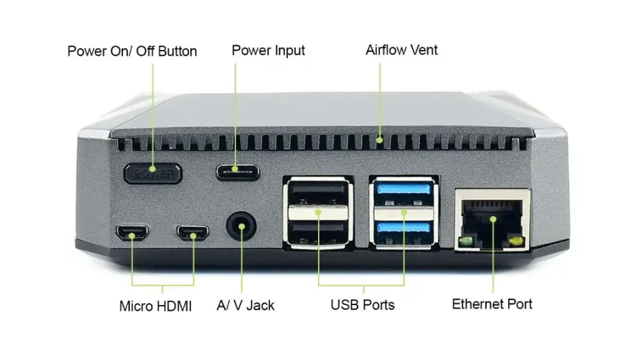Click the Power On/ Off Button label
point(132,51)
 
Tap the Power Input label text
point(268,51)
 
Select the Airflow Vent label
point(401,50)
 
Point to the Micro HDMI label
point(156,306)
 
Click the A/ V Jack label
point(246,305)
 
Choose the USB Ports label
point(362,304)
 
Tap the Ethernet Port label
point(492,304)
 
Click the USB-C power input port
point(237,170)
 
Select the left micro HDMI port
point(131,234)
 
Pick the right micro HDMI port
point(192,234)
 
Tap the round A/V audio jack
point(242,227)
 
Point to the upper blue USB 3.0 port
point(403,193)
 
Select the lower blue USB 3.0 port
point(403,229)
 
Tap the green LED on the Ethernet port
point(466,241)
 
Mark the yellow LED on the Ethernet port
point(515,241)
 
